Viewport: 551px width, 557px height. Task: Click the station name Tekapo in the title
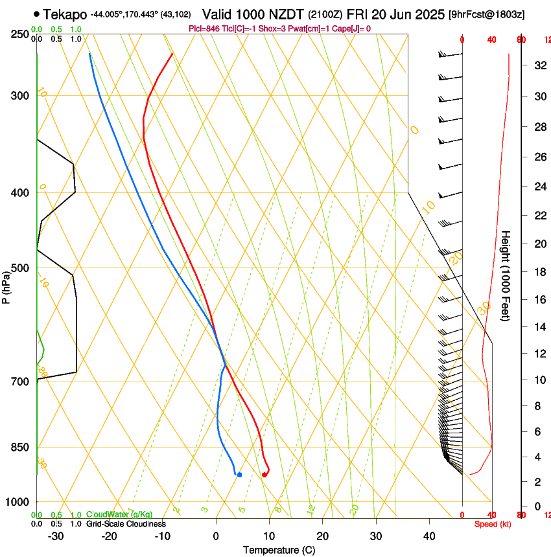click(65, 14)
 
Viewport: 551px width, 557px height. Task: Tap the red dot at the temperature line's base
click(264, 475)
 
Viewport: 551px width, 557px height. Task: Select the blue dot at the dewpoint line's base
click(240, 475)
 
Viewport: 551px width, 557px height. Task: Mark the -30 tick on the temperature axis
click(56, 536)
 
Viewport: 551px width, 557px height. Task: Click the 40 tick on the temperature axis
click(429, 536)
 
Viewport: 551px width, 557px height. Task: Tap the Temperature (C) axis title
click(279, 550)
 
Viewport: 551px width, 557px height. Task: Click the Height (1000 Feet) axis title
click(506, 275)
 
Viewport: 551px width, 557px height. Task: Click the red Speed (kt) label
click(493, 524)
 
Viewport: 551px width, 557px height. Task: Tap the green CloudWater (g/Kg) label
click(119, 515)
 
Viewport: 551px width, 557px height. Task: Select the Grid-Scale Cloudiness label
click(126, 524)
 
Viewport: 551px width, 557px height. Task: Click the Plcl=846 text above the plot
click(204, 28)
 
